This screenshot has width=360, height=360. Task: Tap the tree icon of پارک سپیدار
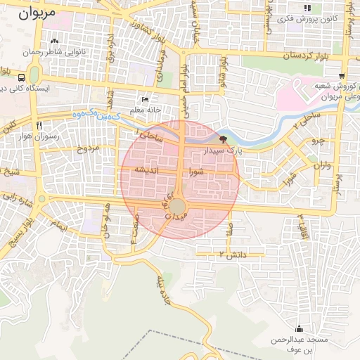(x=224, y=139)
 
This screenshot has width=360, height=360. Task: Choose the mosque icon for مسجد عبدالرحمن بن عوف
(x=300, y=328)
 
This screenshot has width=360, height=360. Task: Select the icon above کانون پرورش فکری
(x=307, y=8)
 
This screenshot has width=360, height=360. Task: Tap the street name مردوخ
(x=90, y=148)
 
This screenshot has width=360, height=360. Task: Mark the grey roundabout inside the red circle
(x=178, y=205)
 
